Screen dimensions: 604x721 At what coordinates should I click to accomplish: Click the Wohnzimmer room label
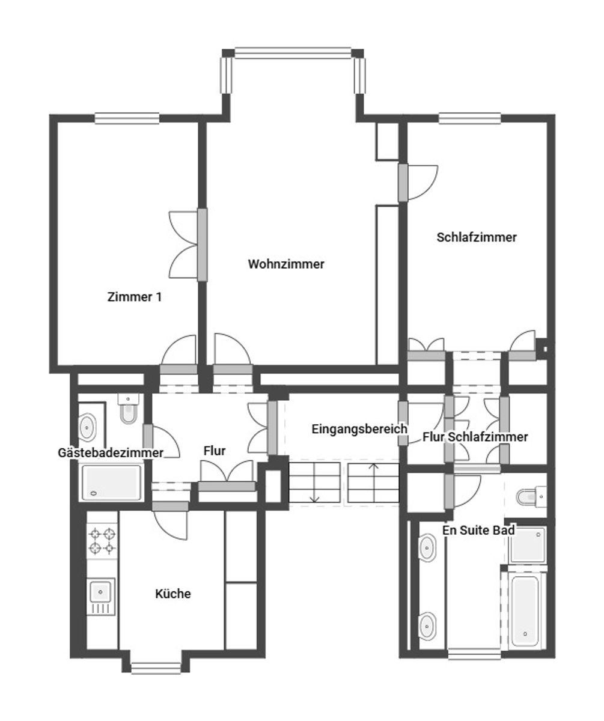[x=286, y=264]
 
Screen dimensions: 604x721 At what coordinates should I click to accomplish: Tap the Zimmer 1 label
[x=135, y=297]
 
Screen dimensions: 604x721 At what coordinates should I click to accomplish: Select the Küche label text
[x=172, y=594]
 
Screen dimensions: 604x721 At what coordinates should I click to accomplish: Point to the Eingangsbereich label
[x=359, y=429]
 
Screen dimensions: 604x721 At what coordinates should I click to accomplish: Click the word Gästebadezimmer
[x=111, y=452]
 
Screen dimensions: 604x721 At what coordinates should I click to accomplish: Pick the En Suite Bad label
[x=478, y=530]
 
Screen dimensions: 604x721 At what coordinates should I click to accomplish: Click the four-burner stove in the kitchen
[x=102, y=541]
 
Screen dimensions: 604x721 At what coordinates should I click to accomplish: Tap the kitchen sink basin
[x=100, y=592]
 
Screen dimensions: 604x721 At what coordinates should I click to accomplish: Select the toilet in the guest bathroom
[x=128, y=409]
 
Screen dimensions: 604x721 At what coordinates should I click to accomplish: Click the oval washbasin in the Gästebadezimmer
[x=87, y=427]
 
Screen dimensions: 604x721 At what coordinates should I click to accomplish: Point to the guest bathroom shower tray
[x=111, y=482]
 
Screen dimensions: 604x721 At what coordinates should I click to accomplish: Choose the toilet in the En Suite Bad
[x=531, y=497]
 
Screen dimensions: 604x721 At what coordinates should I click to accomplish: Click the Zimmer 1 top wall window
[x=127, y=118]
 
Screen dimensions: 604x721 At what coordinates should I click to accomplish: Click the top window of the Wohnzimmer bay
[x=293, y=53]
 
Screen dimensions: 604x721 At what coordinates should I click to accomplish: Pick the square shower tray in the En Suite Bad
[x=528, y=544]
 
